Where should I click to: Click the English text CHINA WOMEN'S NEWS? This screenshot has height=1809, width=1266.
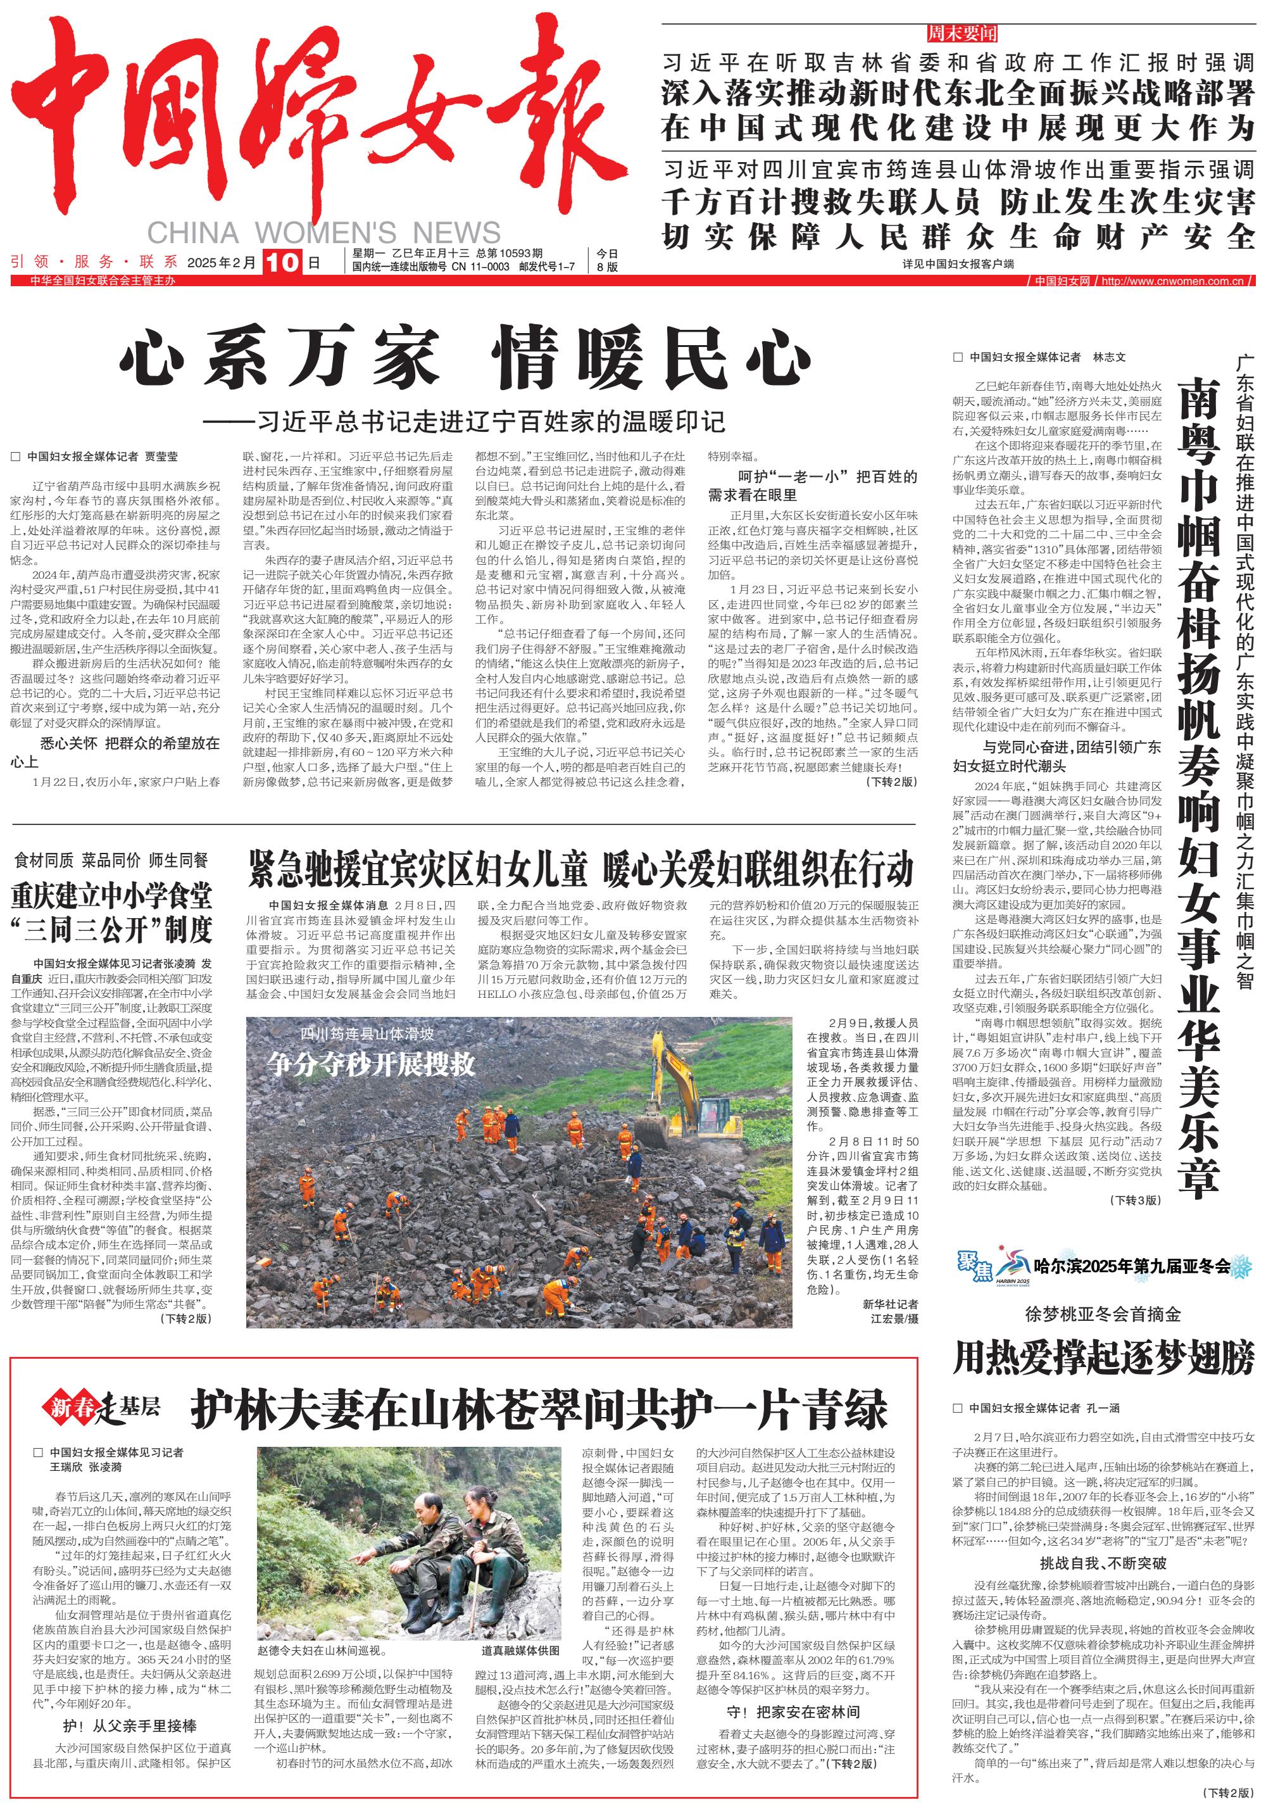[x=323, y=232]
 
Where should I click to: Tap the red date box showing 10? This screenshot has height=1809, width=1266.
[x=281, y=262]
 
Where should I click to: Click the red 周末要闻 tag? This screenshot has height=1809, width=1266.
[x=961, y=33]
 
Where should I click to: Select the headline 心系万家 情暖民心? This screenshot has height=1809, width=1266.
[x=465, y=359]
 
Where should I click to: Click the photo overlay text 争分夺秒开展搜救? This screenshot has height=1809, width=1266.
[x=370, y=1064]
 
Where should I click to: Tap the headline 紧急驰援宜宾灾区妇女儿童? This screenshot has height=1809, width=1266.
[x=418, y=869]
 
